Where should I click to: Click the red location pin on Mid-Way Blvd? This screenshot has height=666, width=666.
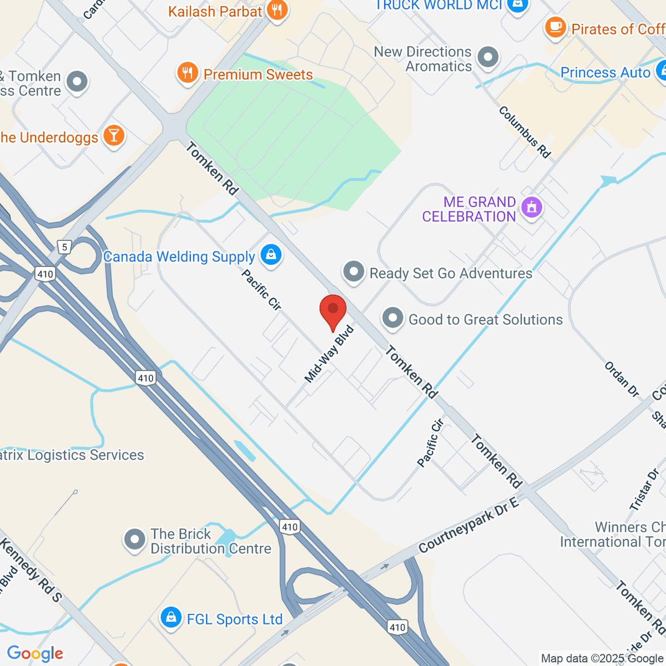(333, 311)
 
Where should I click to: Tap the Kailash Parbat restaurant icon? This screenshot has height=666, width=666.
(276, 11)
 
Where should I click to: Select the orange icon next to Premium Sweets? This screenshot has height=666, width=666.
(188, 73)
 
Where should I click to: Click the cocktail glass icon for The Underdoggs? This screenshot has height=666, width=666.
(114, 136)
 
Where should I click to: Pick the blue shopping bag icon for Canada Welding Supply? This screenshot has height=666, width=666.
(271, 255)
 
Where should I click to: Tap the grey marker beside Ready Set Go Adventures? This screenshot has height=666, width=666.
(354, 273)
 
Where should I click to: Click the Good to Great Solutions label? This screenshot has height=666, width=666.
(486, 320)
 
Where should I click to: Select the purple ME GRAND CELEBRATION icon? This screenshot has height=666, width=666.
(532, 208)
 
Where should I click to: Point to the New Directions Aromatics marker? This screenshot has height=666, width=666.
(488, 57)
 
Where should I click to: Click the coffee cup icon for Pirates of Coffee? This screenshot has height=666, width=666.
(555, 28)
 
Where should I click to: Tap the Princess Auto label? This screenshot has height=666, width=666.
(605, 73)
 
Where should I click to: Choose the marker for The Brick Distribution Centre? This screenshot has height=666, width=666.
(134, 539)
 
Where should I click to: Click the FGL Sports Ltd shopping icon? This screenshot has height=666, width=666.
(171, 618)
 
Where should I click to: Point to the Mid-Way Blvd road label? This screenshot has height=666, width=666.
(329, 354)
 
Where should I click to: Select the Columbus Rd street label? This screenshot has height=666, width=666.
(524, 132)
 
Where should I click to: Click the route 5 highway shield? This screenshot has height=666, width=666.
(65, 247)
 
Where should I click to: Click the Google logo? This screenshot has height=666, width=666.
(35, 654)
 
